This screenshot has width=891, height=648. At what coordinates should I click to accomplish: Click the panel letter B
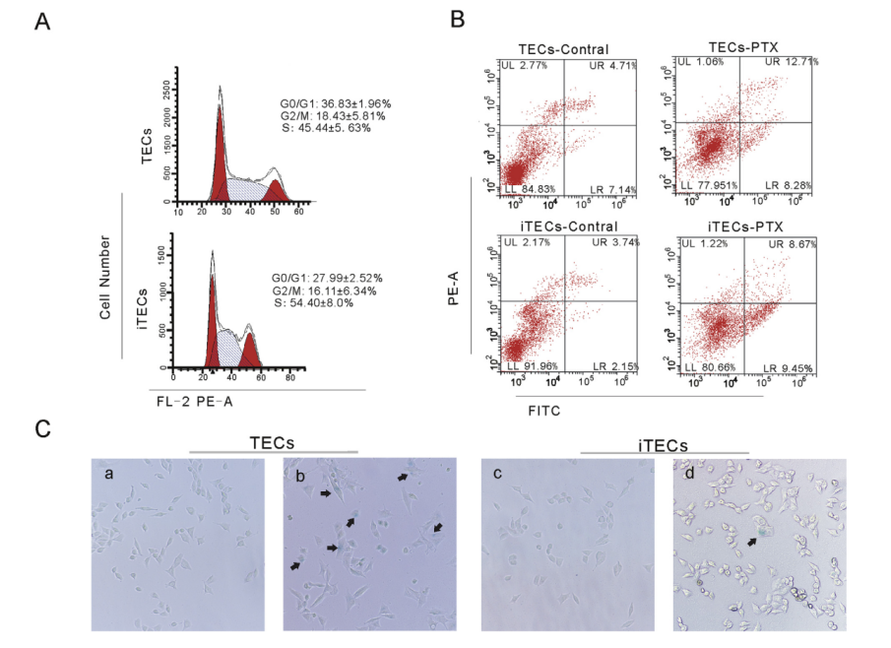click(x=458, y=20)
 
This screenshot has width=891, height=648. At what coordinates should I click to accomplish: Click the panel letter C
click(x=41, y=429)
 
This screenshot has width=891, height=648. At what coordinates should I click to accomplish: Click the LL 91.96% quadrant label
click(x=529, y=366)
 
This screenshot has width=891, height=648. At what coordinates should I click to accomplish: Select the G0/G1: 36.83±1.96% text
click(x=337, y=103)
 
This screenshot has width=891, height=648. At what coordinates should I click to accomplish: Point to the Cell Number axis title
click(x=104, y=275)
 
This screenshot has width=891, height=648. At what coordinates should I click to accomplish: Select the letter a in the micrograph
click(x=109, y=474)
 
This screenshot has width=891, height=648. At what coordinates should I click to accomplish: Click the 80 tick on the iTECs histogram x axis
click(x=290, y=377)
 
